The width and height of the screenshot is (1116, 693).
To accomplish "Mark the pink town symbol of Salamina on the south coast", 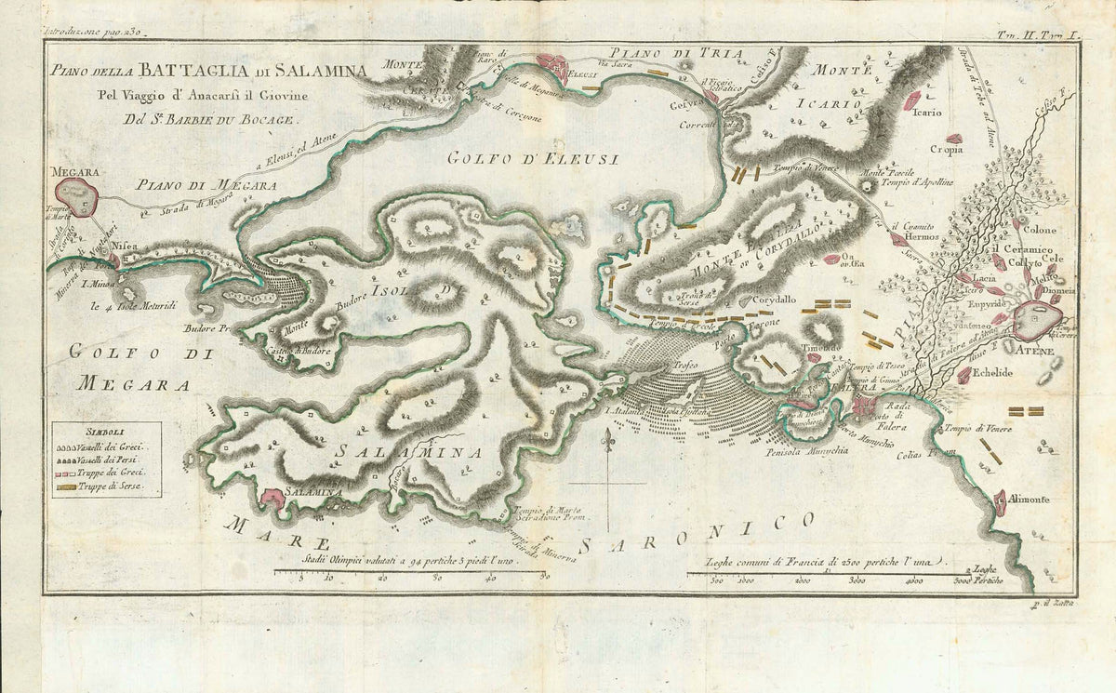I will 272,500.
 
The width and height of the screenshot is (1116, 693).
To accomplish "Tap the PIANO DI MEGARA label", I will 206,186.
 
